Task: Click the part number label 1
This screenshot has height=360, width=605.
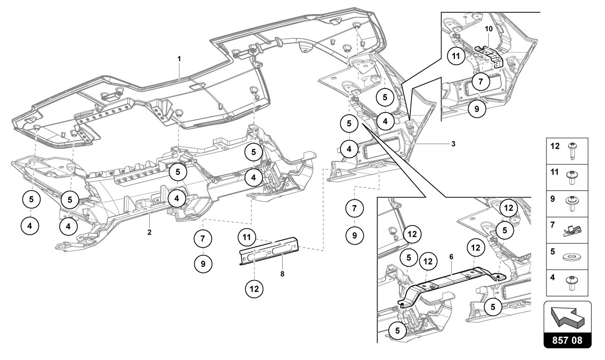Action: (x=179, y=59)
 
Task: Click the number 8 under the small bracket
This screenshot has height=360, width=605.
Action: (x=282, y=273)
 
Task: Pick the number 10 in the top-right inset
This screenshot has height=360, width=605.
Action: (x=488, y=29)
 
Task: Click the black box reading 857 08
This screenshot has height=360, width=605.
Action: (x=568, y=339)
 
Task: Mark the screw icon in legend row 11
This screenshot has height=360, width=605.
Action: (x=572, y=176)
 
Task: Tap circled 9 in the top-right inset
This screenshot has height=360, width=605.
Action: (x=477, y=108)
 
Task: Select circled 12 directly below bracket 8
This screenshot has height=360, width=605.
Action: (x=254, y=289)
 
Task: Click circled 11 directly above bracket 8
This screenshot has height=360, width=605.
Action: (x=247, y=237)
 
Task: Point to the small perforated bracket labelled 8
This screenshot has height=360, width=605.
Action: (x=269, y=251)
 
